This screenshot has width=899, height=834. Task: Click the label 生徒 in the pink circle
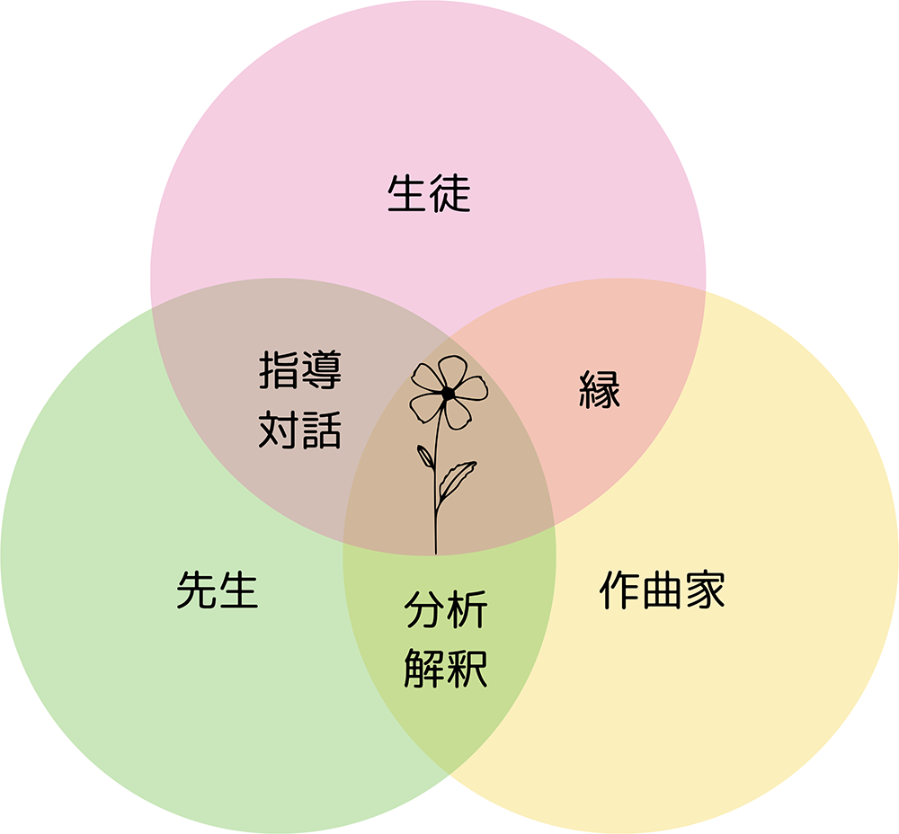[429, 194]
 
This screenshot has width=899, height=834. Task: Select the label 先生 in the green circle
[218, 591]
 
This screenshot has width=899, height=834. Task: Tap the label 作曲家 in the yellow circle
[663, 591]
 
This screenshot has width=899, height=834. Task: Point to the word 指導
[300, 370]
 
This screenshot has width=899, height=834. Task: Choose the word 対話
[300, 430]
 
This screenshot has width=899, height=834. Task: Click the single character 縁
[599, 390]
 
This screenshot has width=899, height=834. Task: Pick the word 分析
[446, 611]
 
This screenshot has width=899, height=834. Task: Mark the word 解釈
[446, 669]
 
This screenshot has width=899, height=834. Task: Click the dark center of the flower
[447, 393]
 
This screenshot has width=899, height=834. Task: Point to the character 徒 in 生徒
[450, 194]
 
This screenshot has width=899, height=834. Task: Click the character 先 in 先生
[197, 591]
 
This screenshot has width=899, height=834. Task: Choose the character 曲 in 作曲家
[663, 591]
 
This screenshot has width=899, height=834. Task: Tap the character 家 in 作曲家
[705, 591]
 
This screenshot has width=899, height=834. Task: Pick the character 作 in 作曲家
[620, 591]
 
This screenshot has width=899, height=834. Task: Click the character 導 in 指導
[322, 370]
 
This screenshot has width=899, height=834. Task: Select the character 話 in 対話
[322, 430]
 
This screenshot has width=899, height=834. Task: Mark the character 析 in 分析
[467, 611]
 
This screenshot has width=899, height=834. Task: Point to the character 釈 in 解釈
[467, 669]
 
